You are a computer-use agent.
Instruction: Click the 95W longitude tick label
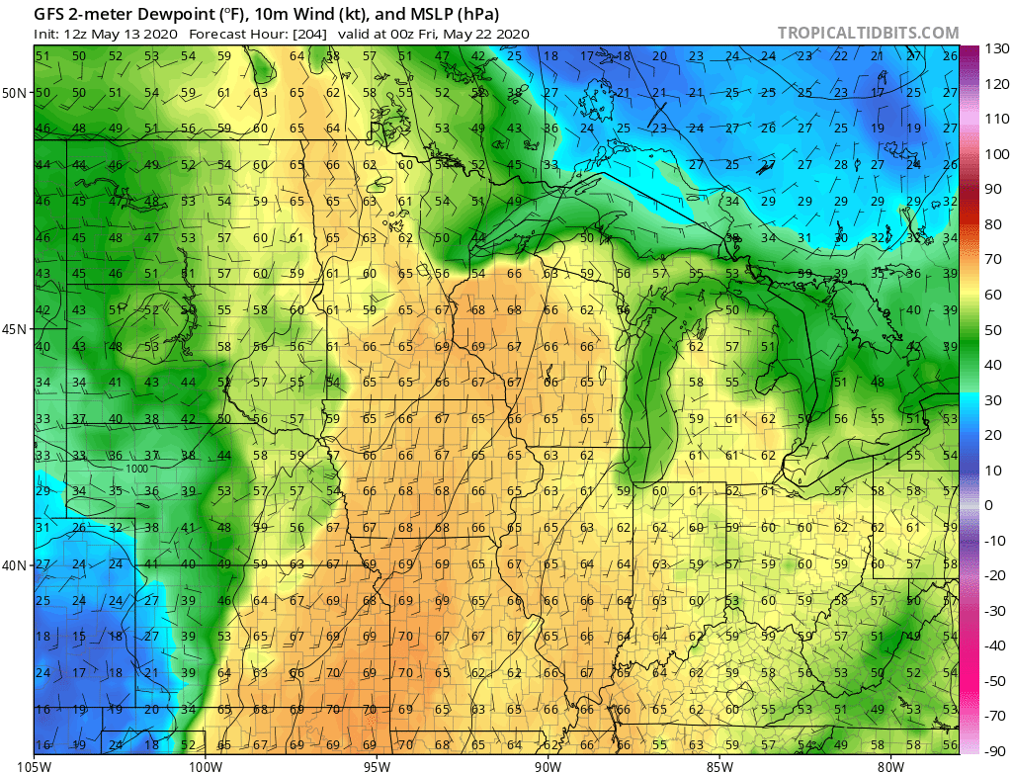pos(377,764)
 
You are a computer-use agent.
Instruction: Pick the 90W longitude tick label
pos(548,764)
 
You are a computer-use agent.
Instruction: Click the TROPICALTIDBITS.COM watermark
pos(868,34)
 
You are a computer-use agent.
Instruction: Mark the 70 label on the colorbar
pos(991,259)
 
